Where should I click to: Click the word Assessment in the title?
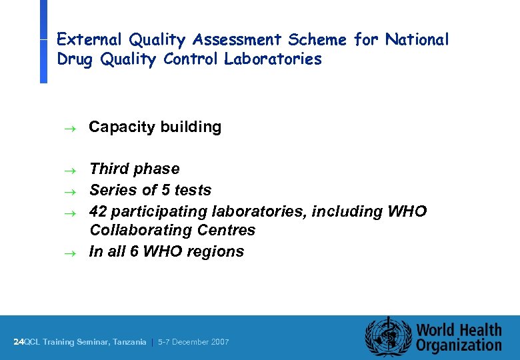237,40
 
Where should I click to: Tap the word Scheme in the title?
317,40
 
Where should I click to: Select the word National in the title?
415,40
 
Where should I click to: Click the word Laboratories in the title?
273,59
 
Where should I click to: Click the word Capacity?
119,127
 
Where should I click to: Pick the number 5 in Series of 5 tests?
166,190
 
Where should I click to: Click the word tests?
193,190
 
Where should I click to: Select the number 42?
98,211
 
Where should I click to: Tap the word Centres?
226,230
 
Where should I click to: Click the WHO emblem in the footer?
387,337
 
